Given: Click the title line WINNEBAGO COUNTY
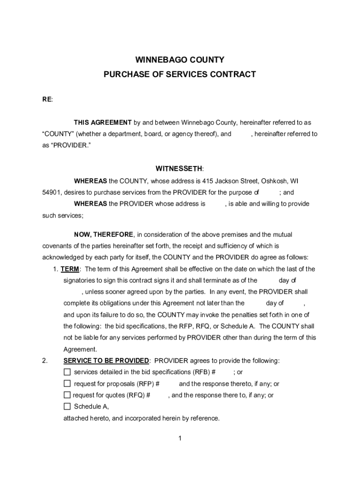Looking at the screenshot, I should pos(180,60).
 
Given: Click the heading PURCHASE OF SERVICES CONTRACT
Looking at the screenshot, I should pos(180,74).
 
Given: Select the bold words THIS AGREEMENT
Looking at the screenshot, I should pos(102,123).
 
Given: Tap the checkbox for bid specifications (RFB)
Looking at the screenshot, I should pos(67,372).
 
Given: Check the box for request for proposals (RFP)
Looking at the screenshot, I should pos(67,384).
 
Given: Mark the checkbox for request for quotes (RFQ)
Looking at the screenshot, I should pos(67,395).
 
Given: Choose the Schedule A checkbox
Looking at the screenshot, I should pos(67,406).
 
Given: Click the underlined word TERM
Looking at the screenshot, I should pos(70,269).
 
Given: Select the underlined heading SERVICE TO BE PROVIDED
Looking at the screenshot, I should pos(106,361).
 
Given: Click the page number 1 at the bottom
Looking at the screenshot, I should pos(180,438).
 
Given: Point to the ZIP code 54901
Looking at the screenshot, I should pos(51,192).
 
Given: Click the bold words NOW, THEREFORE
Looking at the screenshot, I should pos(104,234).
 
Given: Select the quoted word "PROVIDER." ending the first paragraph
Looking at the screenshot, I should pos(70,145).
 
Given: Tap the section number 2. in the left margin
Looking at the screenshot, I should pos(44,361).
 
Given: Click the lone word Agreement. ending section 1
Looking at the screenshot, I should pos(80,349).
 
